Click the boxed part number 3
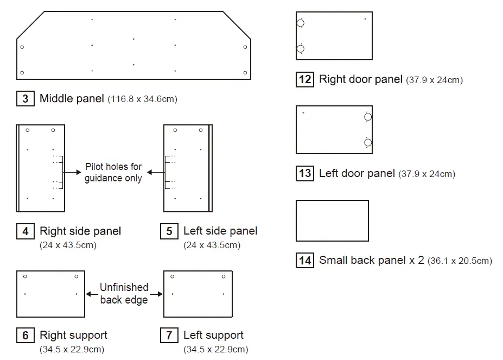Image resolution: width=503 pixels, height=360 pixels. point(25,99)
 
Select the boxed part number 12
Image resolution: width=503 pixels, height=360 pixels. point(305,80)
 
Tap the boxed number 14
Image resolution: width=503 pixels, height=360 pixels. point(305,261)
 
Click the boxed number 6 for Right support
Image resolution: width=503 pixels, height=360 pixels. point(25,335)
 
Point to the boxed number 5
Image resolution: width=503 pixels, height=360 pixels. point(169,231)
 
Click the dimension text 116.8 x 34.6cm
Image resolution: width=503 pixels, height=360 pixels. point(143,99)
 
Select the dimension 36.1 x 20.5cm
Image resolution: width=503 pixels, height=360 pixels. point(460,261)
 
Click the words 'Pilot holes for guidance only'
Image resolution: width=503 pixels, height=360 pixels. point(113,172)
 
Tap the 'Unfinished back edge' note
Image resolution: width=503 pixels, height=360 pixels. point(124,293)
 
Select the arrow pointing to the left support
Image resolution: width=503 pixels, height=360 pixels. point(156,294)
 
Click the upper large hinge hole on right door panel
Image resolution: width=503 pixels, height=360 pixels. point(301,23)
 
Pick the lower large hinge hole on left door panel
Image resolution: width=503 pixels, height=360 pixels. point(368,143)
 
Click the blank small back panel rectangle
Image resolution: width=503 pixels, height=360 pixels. point(332,220)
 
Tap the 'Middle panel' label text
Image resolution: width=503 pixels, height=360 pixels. point(72,99)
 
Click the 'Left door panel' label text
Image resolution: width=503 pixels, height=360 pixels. point(356,173)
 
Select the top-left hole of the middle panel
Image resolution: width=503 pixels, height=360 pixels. point(22,47)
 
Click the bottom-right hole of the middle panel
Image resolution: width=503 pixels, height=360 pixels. point(245,72)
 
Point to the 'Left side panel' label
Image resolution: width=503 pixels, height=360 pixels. point(220,231)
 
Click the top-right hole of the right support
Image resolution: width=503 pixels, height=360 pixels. point(76,276)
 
